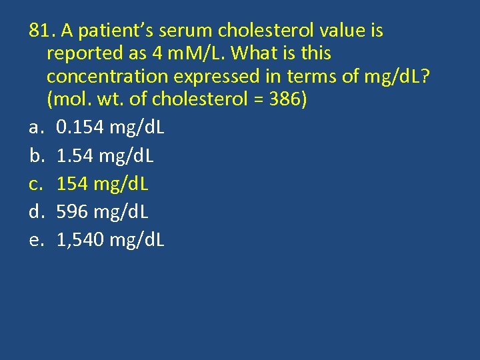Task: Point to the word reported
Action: (86, 53)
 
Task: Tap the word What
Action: (256, 53)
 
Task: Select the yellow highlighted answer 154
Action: (72, 184)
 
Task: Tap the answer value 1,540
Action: (81, 240)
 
